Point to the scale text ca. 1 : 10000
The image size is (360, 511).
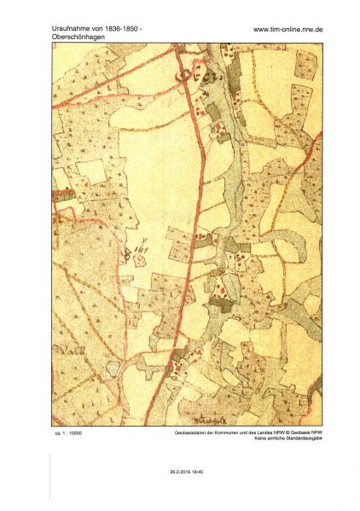point(67,433)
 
